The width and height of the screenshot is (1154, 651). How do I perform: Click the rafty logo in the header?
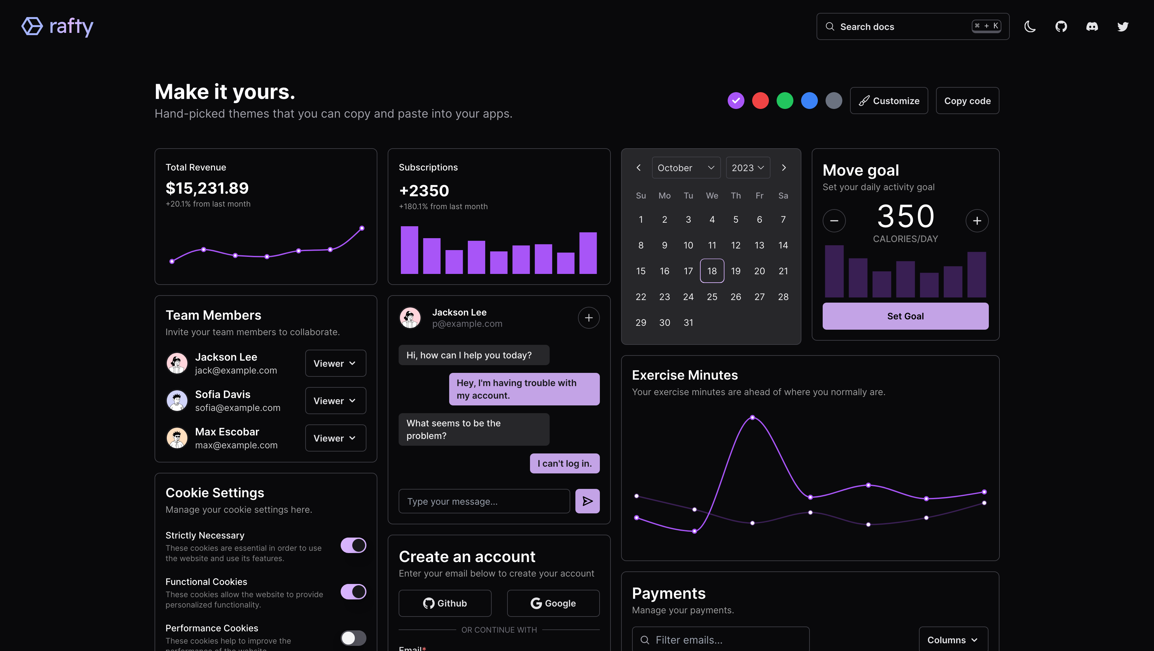57,26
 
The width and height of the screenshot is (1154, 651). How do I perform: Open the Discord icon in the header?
1092,26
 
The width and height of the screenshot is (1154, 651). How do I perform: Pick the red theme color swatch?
760,101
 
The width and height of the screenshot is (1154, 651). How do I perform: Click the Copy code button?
967,101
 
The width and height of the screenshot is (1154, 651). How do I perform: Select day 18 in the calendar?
712,271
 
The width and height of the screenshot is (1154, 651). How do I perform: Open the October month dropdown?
686,168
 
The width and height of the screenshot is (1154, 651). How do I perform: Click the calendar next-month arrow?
783,168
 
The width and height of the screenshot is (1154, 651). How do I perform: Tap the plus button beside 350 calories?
977,220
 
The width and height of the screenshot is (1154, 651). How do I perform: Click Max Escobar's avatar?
177,438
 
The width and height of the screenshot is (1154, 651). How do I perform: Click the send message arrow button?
587,501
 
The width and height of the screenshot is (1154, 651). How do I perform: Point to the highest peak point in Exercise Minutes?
752,417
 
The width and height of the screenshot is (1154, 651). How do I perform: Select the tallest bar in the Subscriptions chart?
409,250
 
